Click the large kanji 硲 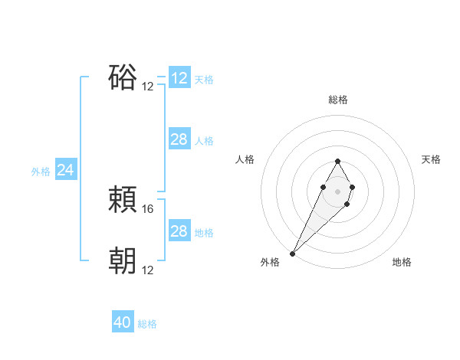123,78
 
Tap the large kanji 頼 123,201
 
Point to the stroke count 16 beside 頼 148,208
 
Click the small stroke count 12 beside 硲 148,86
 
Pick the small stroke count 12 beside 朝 148,270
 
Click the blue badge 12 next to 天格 179,78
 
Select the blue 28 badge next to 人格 179,139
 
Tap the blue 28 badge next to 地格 179,231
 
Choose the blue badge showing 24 66,171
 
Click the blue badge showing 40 123,323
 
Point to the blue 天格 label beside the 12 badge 204,80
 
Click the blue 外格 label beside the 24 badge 41,172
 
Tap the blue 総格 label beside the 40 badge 147,324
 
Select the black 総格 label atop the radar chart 338,100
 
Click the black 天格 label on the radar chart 432,159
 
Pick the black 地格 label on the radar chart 402,263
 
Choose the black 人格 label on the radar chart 245,159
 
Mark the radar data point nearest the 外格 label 293,253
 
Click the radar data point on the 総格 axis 338,161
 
